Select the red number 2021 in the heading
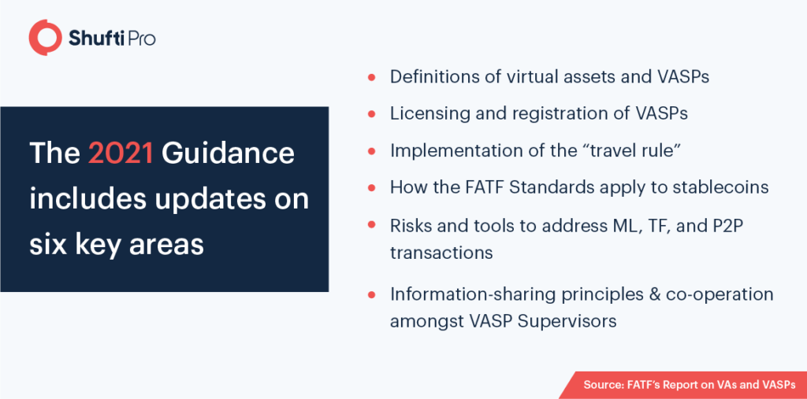point(121,153)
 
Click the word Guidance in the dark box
point(228,153)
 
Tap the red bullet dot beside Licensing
point(371,114)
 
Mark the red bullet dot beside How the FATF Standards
point(371,188)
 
